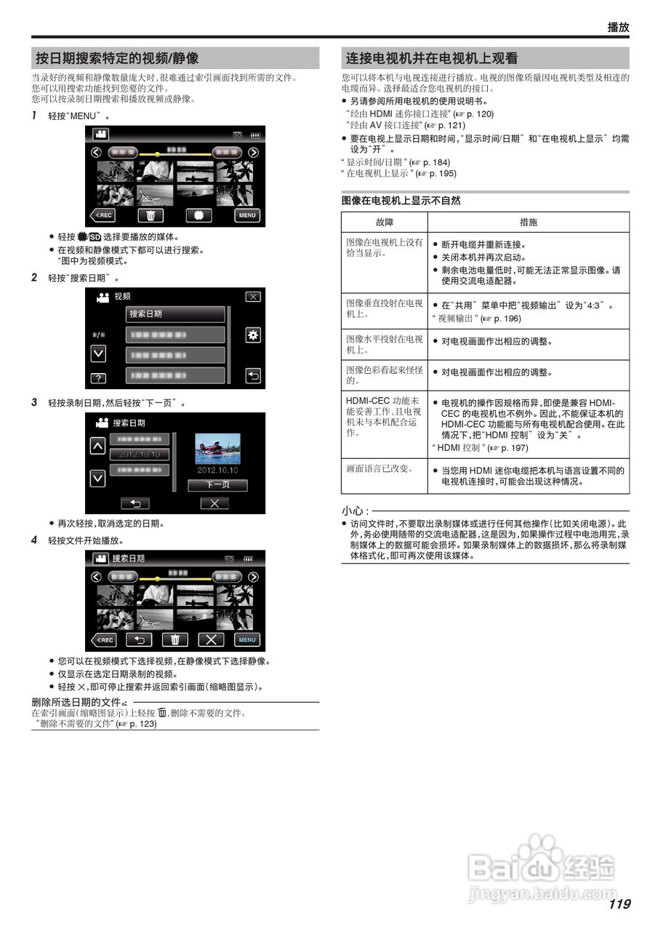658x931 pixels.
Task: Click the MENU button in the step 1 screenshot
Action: tap(247, 215)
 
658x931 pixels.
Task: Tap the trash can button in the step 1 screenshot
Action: tap(151, 215)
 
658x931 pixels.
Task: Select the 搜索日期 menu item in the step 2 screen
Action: tap(175, 314)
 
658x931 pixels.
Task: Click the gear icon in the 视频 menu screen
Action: tap(253, 335)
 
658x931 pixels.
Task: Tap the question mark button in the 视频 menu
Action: tap(97, 378)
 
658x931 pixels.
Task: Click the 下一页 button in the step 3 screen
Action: tap(217, 484)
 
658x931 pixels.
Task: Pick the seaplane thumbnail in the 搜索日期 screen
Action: tap(217, 449)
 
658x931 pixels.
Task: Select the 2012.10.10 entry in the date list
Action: tap(140, 455)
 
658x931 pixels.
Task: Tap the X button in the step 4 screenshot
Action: tap(212, 640)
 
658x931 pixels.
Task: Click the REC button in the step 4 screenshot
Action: tap(103, 640)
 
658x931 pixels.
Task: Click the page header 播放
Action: tap(618, 27)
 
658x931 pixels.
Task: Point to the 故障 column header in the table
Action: tap(384, 222)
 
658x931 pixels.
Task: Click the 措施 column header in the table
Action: tap(529, 222)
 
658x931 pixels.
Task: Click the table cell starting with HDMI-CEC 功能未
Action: tap(384, 417)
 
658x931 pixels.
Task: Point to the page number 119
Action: tap(619, 904)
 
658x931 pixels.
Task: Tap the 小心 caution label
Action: tap(354, 511)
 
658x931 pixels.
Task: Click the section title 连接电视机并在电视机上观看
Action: tap(431, 58)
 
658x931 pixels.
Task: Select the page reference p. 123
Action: tap(143, 724)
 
